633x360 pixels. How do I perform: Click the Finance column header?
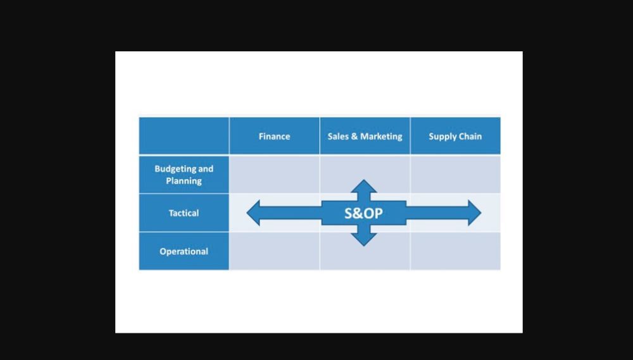click(x=274, y=136)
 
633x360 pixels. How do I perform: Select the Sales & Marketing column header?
click(x=365, y=136)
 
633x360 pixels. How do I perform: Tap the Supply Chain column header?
click(x=455, y=136)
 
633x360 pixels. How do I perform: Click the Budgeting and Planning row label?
click(x=184, y=175)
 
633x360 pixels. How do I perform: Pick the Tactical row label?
click(x=184, y=213)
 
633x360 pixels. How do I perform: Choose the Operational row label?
click(x=184, y=251)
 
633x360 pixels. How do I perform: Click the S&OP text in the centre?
click(x=363, y=213)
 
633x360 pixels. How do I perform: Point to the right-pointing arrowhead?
click(x=474, y=213)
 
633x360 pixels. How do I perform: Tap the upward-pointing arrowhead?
click(x=364, y=186)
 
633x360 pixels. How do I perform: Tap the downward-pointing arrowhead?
click(x=364, y=240)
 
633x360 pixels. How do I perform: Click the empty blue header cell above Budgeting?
click(x=184, y=135)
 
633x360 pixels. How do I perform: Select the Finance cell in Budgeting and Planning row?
click(x=274, y=174)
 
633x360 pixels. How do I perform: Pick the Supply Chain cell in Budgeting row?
click(x=455, y=174)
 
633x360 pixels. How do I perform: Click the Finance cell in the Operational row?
click(x=274, y=251)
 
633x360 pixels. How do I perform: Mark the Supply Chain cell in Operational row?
click(x=455, y=251)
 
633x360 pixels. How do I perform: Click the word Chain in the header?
click(x=470, y=136)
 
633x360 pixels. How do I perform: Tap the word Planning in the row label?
click(x=184, y=181)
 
